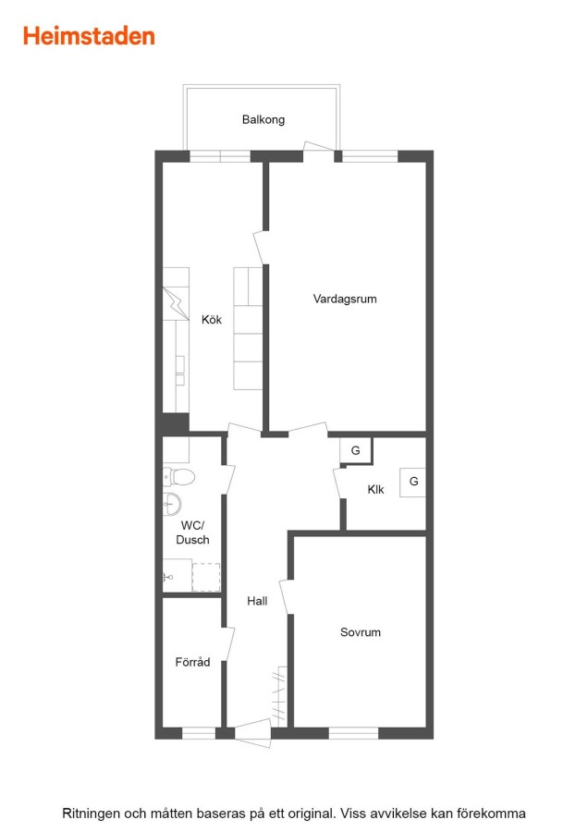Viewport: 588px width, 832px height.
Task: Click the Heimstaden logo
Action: (x=89, y=36)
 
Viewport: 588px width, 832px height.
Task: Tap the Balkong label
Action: (x=263, y=119)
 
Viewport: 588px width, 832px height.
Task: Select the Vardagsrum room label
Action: (x=345, y=299)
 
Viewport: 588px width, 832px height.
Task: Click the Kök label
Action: (x=212, y=320)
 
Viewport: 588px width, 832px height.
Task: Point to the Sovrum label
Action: (x=361, y=632)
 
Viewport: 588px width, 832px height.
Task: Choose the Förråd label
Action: (x=192, y=662)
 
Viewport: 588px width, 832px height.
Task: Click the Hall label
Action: (x=257, y=601)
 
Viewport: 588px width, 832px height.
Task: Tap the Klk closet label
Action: (x=375, y=489)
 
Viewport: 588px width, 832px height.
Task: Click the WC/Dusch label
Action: (x=192, y=532)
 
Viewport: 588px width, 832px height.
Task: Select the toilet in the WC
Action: (x=178, y=476)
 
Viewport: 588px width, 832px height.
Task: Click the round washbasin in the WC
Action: (x=171, y=504)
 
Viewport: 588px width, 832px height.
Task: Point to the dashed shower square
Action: (x=206, y=577)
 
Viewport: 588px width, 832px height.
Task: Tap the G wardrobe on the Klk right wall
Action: (x=413, y=482)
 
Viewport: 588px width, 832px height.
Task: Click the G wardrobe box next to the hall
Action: (x=356, y=450)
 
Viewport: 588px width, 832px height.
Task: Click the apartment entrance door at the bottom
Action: (x=252, y=733)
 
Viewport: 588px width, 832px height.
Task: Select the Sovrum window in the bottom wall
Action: (x=353, y=733)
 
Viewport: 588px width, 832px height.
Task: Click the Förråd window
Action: (x=199, y=733)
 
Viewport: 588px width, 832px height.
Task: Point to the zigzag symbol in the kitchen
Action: (x=176, y=303)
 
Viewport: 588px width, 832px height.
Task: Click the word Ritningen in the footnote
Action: (x=91, y=814)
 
